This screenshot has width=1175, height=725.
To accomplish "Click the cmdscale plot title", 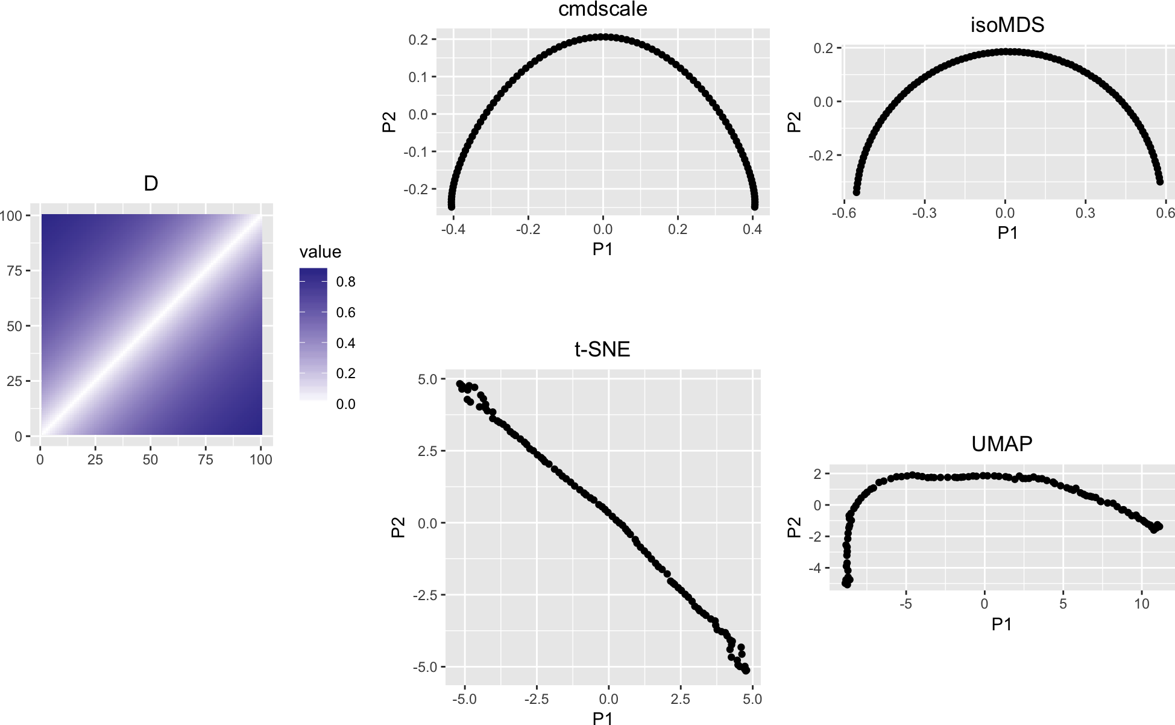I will pyautogui.click(x=602, y=9).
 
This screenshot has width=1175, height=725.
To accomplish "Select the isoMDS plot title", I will pyautogui.click(x=1007, y=25).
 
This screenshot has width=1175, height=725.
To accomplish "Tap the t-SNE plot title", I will pyautogui.click(x=602, y=349).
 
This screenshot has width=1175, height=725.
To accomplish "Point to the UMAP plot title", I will pyautogui.click(x=1001, y=444).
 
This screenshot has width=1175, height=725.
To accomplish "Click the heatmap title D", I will pyautogui.click(x=151, y=183).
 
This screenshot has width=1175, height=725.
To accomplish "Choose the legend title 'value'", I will pyautogui.click(x=320, y=252).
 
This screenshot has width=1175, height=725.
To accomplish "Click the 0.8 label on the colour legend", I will pyautogui.click(x=345, y=282).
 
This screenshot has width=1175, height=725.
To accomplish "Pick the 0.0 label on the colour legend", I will pyautogui.click(x=345, y=404).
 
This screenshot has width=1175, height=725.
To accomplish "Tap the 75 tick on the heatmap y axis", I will pyautogui.click(x=14, y=271).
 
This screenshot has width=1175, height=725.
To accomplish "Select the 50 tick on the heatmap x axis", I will pyautogui.click(x=150, y=460).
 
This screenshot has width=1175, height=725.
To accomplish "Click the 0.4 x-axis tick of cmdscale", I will pyautogui.click(x=752, y=229).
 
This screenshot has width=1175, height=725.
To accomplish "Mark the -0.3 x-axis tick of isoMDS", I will pyautogui.click(x=924, y=213).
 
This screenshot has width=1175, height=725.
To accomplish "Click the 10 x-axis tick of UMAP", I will pyautogui.click(x=1142, y=604).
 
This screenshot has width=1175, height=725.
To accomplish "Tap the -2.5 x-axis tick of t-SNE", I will pyautogui.click(x=536, y=699).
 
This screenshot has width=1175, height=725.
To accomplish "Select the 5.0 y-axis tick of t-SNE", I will pyautogui.click(x=427, y=379).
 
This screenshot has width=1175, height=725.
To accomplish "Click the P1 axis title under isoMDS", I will pyautogui.click(x=1007, y=233).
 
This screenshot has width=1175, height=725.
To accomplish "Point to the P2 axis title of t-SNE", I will pyautogui.click(x=398, y=527).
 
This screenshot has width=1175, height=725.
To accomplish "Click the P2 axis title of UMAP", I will pyautogui.click(x=795, y=527).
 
